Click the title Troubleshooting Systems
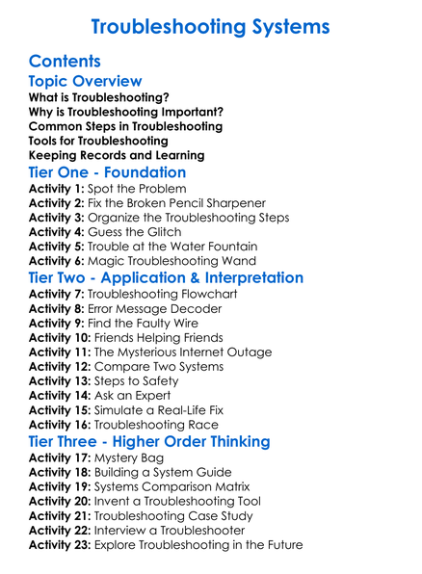[211, 25]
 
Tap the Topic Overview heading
[85, 82]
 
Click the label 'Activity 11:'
[62, 352]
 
